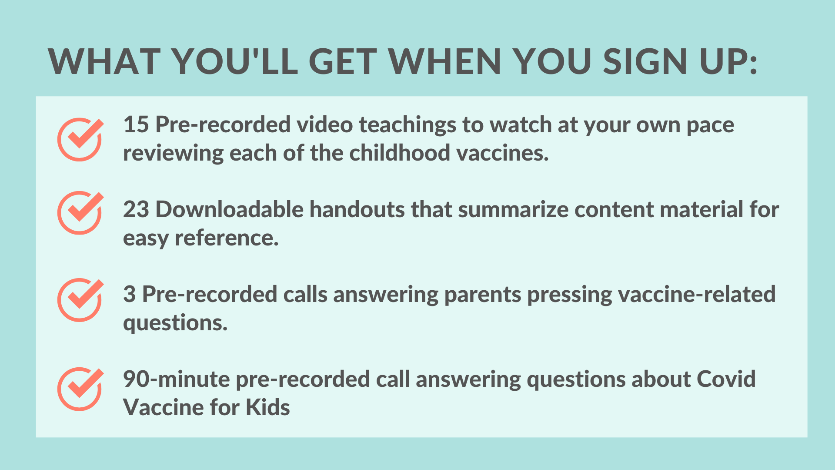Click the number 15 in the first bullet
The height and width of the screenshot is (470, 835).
(x=136, y=125)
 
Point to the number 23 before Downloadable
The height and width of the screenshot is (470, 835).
(x=136, y=210)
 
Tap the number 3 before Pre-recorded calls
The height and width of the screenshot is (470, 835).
(x=130, y=295)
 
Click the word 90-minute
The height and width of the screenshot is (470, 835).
(x=177, y=379)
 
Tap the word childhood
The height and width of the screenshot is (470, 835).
(x=400, y=153)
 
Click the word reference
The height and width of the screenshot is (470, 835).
(x=227, y=238)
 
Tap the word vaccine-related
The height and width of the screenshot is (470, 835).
(x=697, y=295)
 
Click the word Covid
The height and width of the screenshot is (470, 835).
(x=726, y=379)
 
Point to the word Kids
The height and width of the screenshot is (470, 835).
(x=268, y=408)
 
